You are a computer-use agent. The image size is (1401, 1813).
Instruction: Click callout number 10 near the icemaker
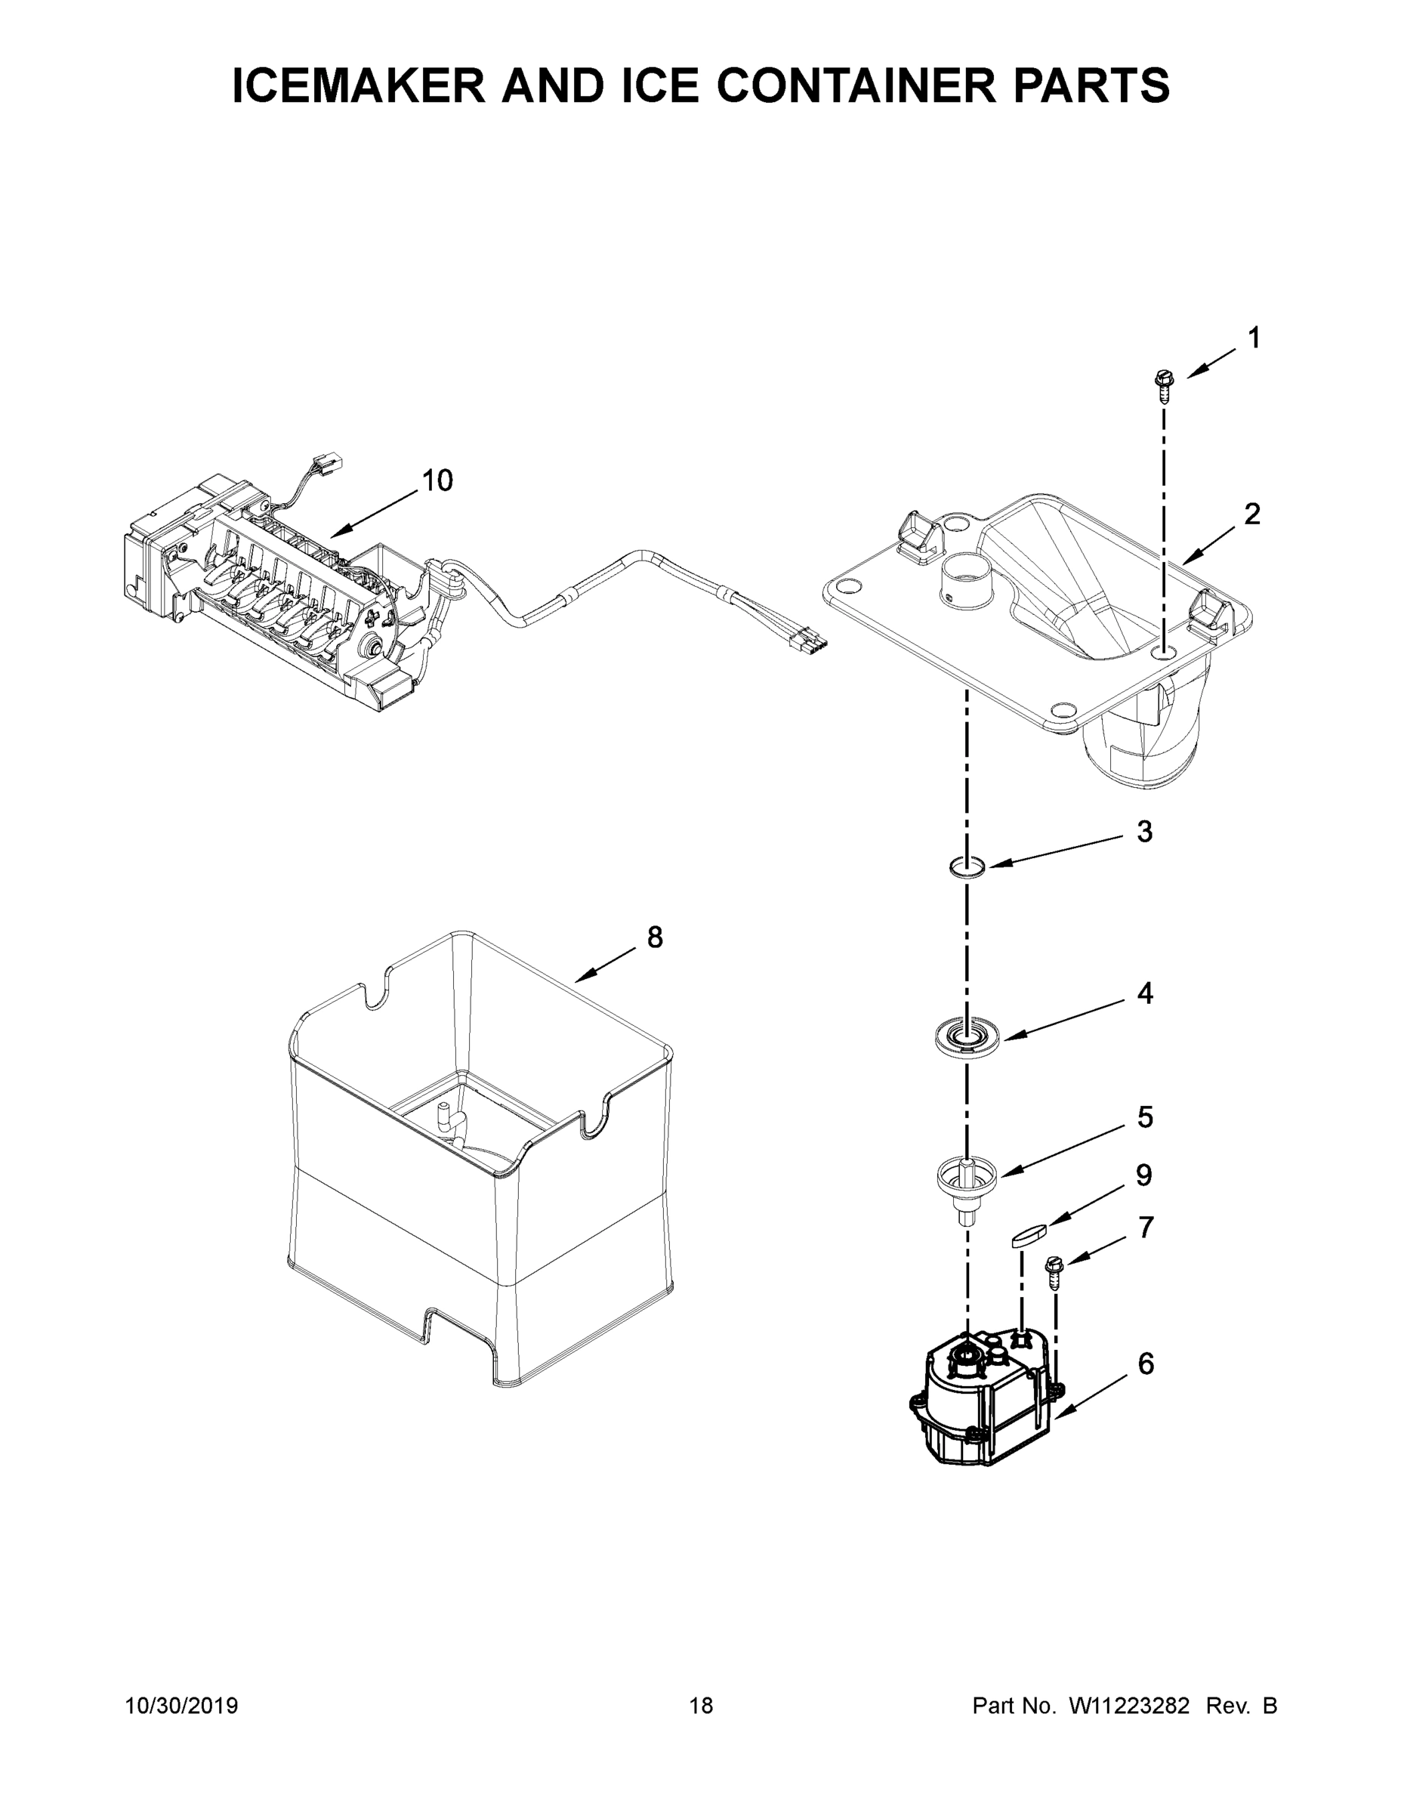437,480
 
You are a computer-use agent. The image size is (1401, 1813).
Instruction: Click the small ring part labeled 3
967,867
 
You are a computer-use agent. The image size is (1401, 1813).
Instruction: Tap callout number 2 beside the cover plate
1252,514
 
